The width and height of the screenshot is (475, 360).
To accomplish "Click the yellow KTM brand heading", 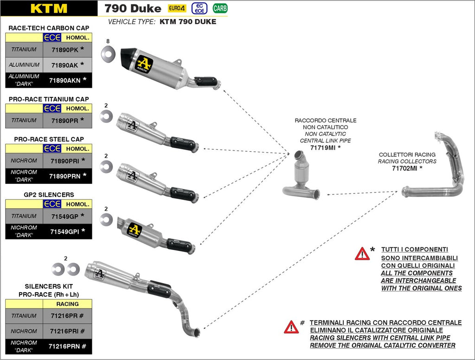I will point(48,8).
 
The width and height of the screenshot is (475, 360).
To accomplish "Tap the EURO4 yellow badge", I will point(177,8).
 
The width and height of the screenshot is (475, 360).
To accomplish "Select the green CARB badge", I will point(220,8).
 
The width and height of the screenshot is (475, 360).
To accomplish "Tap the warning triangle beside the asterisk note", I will point(362,254).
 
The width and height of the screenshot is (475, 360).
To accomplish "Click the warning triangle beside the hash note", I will point(291,327).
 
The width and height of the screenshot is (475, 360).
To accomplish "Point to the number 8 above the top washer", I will point(108,41).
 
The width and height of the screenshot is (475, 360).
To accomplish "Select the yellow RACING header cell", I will point(67,304).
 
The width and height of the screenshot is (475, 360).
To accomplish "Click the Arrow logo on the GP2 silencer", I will point(134,229).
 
